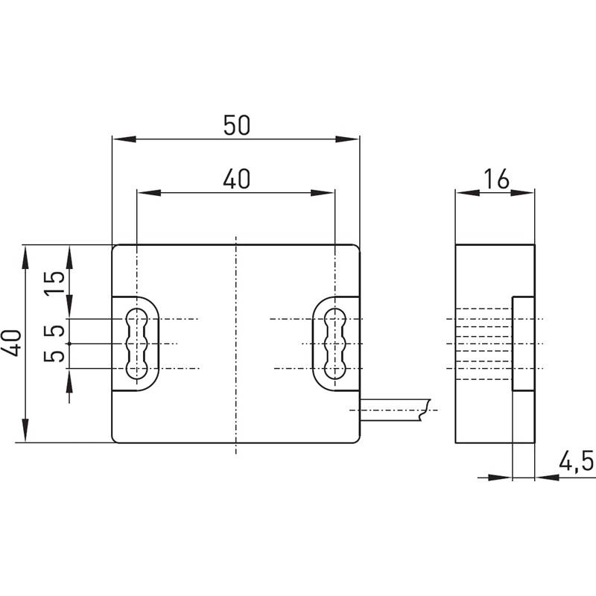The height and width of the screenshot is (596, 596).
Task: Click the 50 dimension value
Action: coord(236,125)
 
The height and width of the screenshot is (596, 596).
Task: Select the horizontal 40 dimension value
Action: coord(236,179)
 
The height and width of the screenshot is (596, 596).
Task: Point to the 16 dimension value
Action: coord(496,179)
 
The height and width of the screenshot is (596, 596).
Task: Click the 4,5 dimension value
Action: coord(575,461)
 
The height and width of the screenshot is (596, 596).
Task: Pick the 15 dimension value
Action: coord(54,283)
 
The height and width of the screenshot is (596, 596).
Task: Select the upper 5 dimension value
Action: coord(54,331)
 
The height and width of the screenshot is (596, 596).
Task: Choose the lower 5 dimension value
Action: coord(54,356)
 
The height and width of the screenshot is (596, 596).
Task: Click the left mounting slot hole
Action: coord(136,343)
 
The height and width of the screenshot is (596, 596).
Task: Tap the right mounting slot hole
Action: coord(335,343)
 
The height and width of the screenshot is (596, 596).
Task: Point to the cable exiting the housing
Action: coord(395,410)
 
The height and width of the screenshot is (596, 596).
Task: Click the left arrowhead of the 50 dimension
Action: coord(124,139)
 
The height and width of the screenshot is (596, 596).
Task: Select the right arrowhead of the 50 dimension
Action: coord(347,139)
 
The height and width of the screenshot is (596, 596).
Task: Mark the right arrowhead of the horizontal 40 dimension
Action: coord(323,193)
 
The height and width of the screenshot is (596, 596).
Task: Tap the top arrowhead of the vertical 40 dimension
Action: coord(25,257)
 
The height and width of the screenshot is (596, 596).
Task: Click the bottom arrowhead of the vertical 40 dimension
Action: coord(25,431)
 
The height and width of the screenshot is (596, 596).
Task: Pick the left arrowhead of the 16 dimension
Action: coord(468,193)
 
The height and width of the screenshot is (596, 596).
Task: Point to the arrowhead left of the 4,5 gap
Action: coord(500,478)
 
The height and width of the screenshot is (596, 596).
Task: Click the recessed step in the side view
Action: coord(523,343)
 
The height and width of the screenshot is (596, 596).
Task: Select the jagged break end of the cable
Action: coord(425,410)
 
